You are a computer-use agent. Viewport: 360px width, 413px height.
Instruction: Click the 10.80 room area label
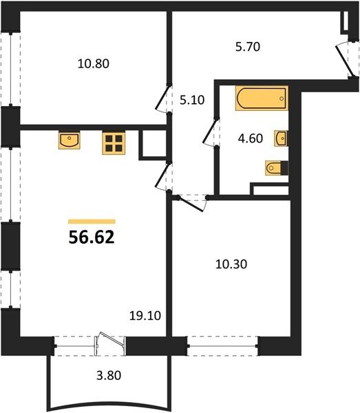93,64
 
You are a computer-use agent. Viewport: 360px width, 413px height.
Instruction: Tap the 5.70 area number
248,47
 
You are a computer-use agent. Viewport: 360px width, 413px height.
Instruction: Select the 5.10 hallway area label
192,100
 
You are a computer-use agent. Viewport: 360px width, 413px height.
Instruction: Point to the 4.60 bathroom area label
250,138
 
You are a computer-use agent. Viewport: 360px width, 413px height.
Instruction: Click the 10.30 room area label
231,264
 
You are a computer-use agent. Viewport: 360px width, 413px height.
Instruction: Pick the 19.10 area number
145,315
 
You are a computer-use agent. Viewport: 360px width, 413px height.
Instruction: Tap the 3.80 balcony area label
109,375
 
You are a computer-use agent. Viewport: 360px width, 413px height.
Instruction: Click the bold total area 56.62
92,237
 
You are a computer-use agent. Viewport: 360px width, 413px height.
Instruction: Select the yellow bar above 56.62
92,222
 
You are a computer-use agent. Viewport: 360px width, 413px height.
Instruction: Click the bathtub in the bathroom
262,98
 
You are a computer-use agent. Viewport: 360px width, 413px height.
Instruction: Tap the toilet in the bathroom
277,168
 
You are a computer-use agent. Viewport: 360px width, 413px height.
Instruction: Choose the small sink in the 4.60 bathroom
281,138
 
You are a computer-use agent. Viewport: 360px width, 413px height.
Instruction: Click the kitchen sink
70,140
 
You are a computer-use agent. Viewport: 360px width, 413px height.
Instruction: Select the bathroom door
210,132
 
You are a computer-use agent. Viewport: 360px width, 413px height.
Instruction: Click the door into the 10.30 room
190,203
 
